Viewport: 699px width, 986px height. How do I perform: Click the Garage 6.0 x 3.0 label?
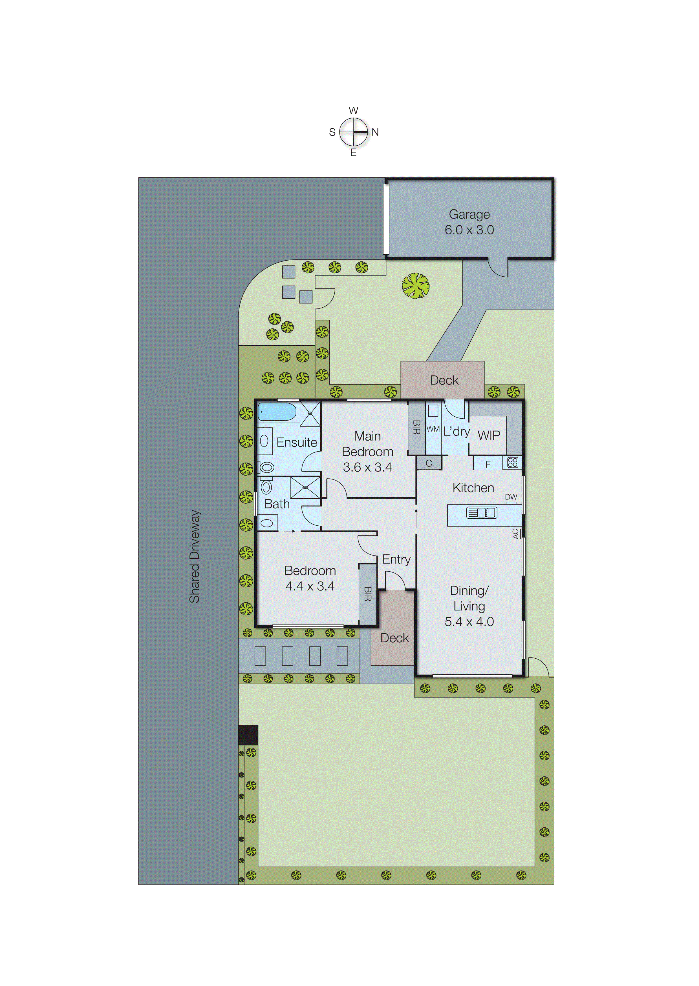[x=469, y=222]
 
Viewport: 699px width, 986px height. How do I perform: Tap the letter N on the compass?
[x=375, y=132]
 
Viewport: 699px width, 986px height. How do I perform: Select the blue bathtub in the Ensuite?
[x=277, y=412]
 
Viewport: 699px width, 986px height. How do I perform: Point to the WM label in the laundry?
[x=433, y=429]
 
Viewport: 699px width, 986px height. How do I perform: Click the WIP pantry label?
[x=489, y=436]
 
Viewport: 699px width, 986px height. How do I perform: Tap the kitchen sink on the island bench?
[x=482, y=512]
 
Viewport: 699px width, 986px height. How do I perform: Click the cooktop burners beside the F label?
[x=512, y=463]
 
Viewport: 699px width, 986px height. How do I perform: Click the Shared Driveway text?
[x=195, y=556]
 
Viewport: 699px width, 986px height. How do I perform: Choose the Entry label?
[x=396, y=559]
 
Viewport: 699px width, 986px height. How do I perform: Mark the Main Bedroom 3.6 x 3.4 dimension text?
[x=367, y=467]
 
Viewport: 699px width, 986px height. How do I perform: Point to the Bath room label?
[x=277, y=504]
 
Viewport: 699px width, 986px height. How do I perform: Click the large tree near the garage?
[x=415, y=286]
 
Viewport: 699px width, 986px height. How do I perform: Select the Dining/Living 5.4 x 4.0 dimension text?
[x=469, y=621]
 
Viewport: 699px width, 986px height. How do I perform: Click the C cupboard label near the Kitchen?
[x=429, y=463]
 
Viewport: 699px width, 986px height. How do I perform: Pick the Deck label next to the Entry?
[x=394, y=638]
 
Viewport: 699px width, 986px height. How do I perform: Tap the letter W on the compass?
[x=353, y=110]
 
